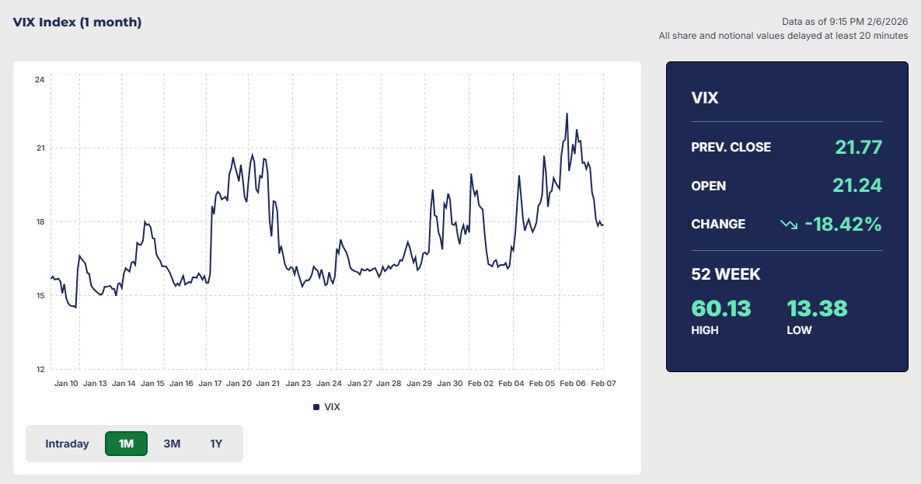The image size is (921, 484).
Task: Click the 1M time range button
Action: point(126,444)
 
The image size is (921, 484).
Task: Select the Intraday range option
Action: point(67,444)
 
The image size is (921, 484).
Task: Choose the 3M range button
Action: point(172,444)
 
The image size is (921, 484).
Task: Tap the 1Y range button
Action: point(216,444)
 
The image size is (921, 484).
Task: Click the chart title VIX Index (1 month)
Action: point(77,22)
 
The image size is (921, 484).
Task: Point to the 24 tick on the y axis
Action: point(40,80)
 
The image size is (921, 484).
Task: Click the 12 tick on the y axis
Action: point(40,369)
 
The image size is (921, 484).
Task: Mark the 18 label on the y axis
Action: point(40,222)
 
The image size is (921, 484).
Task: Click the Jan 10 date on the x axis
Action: point(66,383)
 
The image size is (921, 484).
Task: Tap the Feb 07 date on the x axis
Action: point(603,383)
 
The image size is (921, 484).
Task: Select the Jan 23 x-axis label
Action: point(298,383)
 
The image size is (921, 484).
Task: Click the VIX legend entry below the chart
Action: point(326,406)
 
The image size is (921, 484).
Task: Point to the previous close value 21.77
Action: point(858,147)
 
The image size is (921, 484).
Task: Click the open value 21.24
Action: point(856,186)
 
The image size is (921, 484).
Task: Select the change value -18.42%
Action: point(843,224)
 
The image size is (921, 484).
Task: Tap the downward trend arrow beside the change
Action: point(789,225)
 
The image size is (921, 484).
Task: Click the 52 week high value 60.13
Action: point(721,308)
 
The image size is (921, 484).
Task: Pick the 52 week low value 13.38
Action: point(817,308)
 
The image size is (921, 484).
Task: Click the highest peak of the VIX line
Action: point(567,113)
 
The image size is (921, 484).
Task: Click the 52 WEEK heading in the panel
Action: point(725,274)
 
